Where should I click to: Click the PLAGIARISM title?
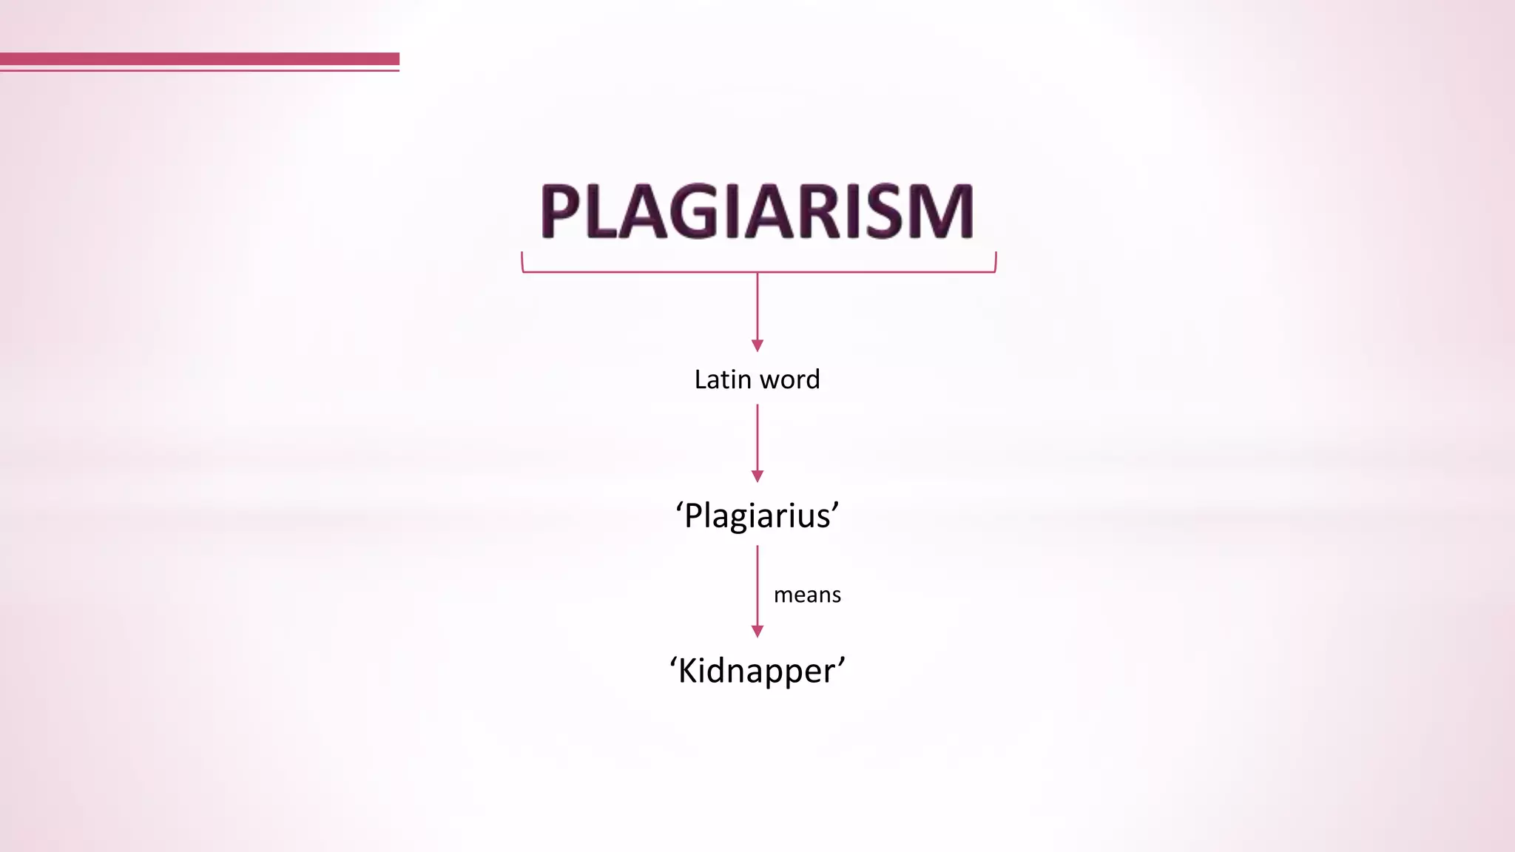point(757,212)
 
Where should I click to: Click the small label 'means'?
point(807,595)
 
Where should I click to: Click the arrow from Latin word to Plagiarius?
point(757,442)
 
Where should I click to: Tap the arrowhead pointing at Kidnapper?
point(757,631)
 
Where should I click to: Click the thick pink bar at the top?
point(200,58)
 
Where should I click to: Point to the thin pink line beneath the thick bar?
point(200,70)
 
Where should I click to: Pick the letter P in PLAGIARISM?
point(561,212)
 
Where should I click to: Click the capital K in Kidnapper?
point(689,670)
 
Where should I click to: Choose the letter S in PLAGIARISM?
point(887,212)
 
